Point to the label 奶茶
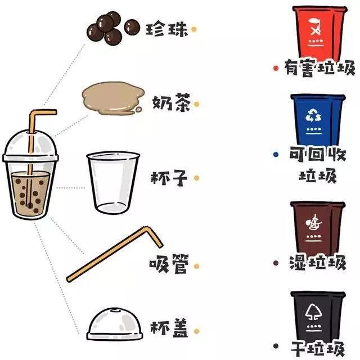click(x=171, y=103)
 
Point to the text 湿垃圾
click(x=318, y=263)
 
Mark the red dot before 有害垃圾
click(x=276, y=69)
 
